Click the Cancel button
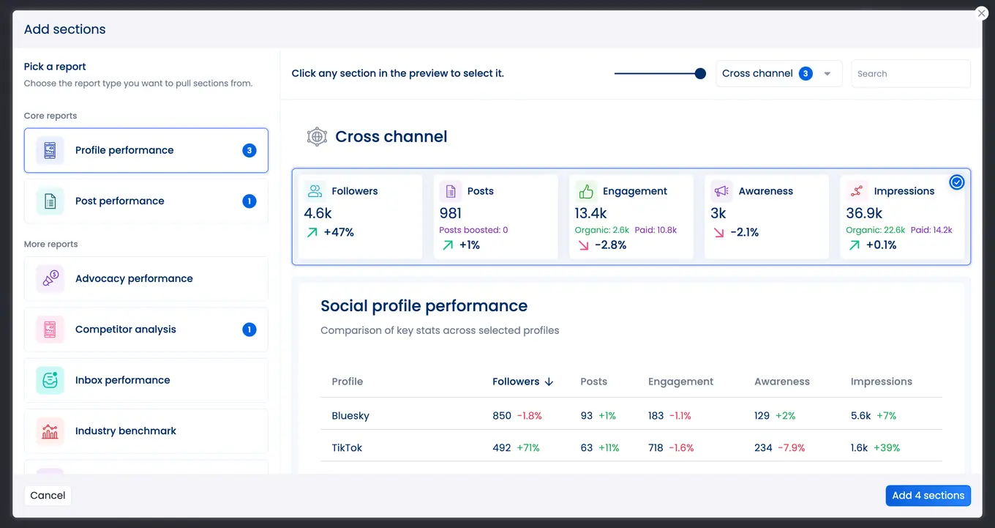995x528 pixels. click(48, 496)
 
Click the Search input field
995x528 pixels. click(910, 74)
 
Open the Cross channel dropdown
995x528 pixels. click(778, 74)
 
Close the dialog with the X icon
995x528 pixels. click(982, 13)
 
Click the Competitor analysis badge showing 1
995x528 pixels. click(249, 330)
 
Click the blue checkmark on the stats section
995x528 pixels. click(956, 182)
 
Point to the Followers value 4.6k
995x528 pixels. click(318, 213)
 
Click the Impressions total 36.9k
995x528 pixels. click(864, 213)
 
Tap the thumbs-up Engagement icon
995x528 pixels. click(586, 191)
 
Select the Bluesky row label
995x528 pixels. click(350, 416)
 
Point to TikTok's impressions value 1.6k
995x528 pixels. click(860, 448)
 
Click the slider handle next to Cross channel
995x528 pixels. click(700, 73)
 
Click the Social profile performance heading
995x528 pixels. click(424, 306)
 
